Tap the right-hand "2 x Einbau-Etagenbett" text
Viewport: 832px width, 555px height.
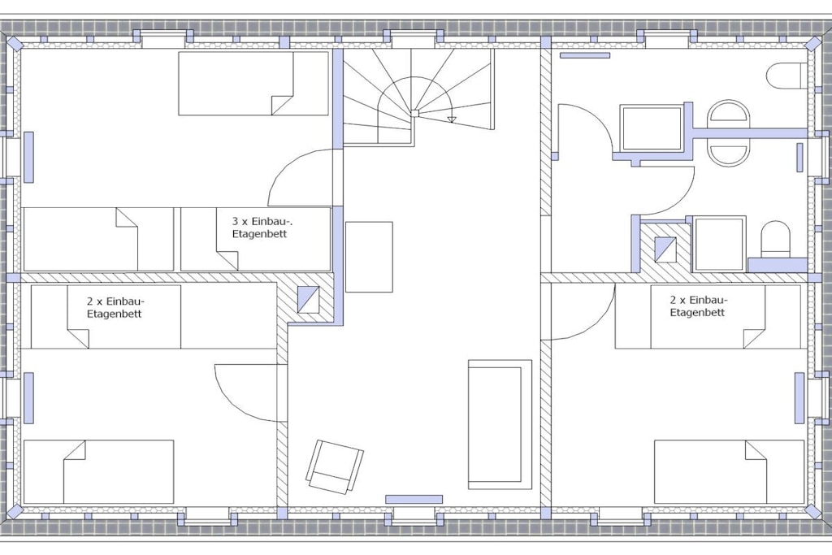point(698,306)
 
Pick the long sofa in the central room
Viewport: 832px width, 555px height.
point(500,424)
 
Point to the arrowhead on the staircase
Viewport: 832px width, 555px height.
point(451,119)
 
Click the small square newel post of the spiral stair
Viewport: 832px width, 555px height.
point(415,113)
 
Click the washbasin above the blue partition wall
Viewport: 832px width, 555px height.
point(729,114)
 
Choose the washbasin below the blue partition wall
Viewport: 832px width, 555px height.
point(729,152)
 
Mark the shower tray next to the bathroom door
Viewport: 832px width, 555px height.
point(652,128)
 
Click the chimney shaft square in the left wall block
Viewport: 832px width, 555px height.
point(308,299)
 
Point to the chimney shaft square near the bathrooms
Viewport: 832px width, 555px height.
point(665,249)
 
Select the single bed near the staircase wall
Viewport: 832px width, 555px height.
point(253,84)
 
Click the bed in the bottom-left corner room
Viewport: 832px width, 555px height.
point(98,471)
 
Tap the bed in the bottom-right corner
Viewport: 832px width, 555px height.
point(729,471)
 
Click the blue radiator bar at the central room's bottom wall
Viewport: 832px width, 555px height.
point(414,499)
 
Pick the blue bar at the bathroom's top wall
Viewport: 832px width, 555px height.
point(585,55)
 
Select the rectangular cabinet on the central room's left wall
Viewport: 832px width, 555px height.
point(369,257)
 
